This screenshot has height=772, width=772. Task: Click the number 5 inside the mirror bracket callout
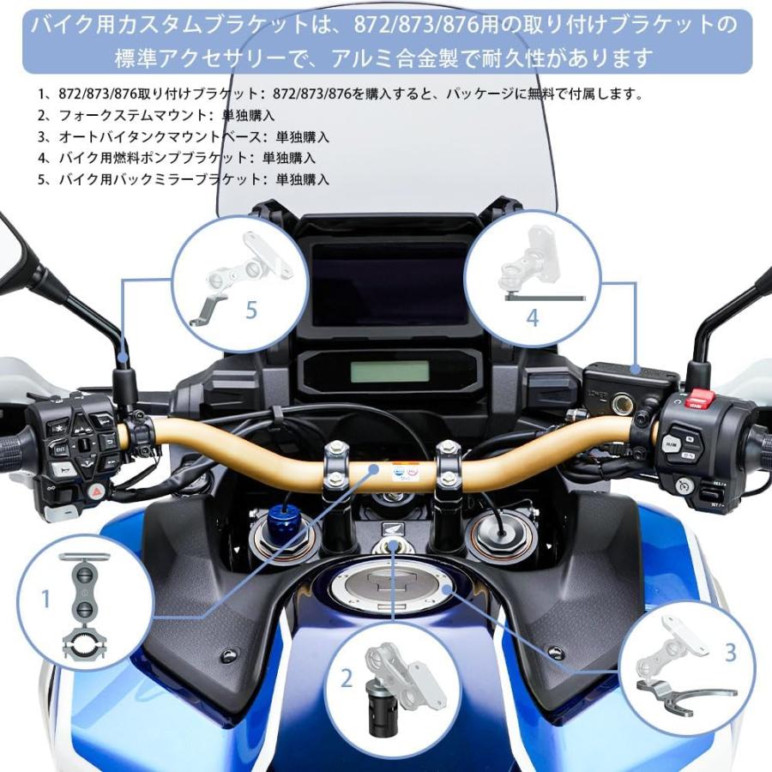pyautogui.click(x=251, y=310)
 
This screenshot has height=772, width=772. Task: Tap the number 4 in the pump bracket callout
pyautogui.click(x=533, y=317)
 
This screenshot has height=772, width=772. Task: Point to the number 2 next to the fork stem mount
pyautogui.click(x=347, y=679)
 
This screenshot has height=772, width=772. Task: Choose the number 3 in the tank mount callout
pyautogui.click(x=730, y=653)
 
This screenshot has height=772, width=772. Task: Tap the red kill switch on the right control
pyautogui.click(x=699, y=399)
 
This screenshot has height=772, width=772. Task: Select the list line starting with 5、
pyautogui.click(x=183, y=179)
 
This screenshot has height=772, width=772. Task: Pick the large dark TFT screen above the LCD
pyautogui.click(x=390, y=284)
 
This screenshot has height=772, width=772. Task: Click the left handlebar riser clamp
pyautogui.click(x=335, y=467)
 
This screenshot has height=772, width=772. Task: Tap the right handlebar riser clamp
pyautogui.click(x=447, y=467)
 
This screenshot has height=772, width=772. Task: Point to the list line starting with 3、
pyautogui.click(x=183, y=136)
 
